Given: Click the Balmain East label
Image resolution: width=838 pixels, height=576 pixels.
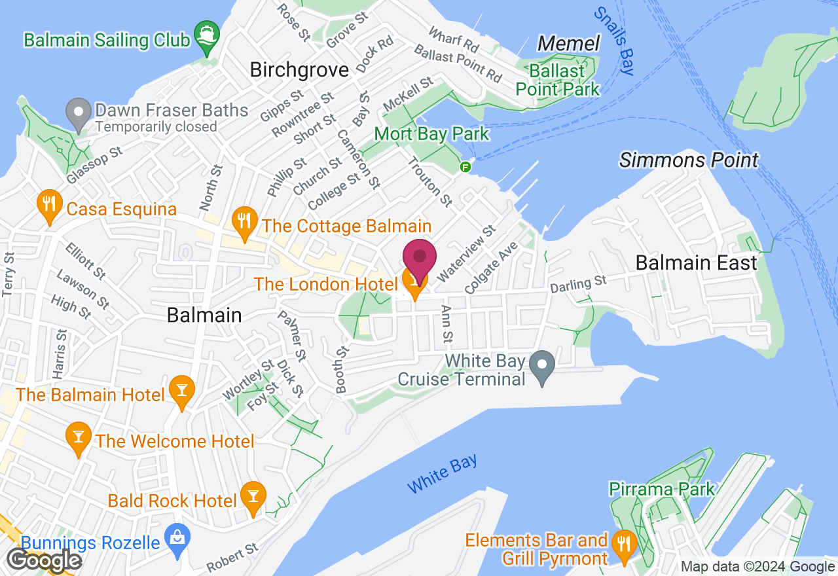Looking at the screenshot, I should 697,263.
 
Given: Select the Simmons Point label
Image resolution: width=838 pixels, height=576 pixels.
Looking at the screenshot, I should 689,160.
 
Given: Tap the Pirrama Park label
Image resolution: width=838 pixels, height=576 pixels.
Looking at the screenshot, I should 662,489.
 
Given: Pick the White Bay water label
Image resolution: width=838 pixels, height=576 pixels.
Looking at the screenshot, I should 443,475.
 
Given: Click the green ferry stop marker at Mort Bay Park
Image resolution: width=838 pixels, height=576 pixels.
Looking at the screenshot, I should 465,167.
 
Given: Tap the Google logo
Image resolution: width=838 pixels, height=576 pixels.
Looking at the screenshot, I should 44,560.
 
